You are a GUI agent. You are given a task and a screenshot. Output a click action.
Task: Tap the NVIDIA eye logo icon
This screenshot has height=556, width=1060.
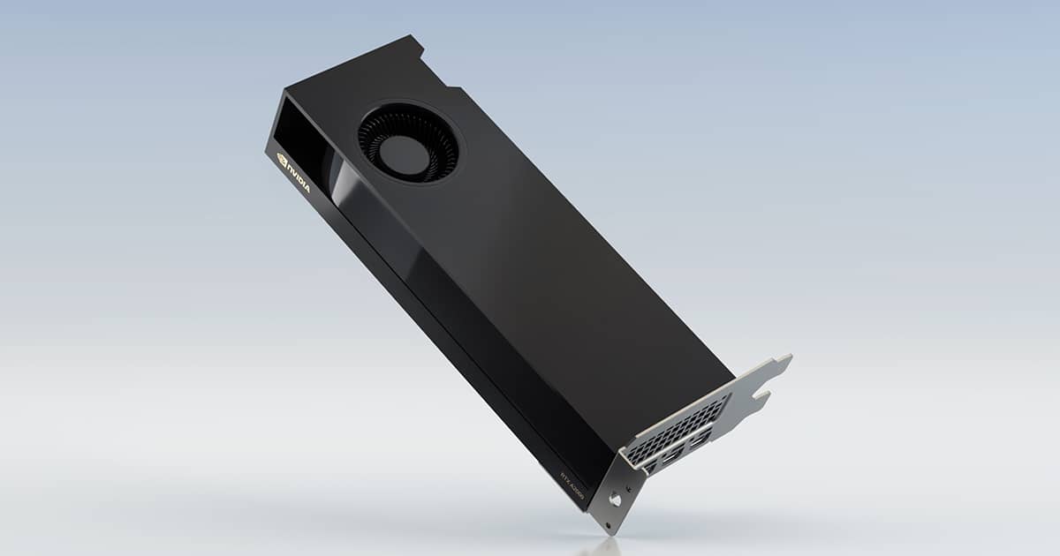[x=283, y=160]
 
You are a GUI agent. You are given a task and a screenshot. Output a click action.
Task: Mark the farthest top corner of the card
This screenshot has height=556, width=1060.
[x=412, y=37]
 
